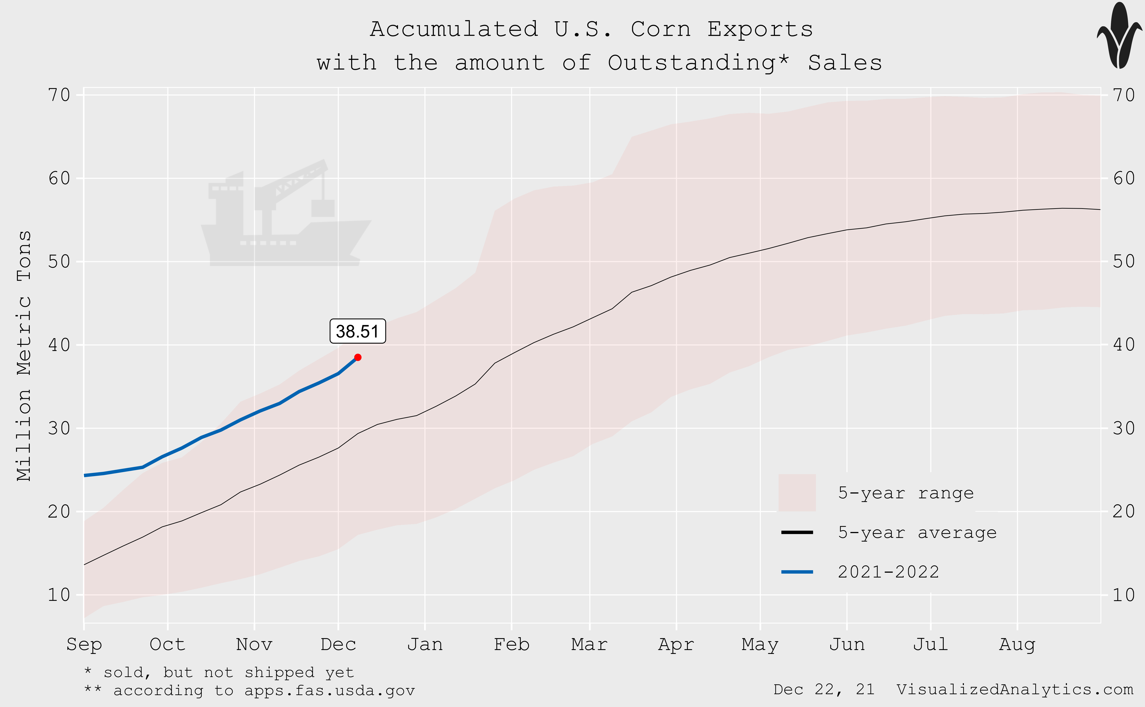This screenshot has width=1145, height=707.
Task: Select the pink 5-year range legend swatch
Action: click(x=797, y=492)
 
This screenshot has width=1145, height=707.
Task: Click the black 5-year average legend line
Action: click(x=797, y=532)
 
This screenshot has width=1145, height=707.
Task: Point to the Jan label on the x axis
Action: click(x=424, y=644)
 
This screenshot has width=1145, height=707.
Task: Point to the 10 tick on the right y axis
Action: click(x=1123, y=595)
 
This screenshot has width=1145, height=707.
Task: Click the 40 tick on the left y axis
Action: click(x=59, y=345)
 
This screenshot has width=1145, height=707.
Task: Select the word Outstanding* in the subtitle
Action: click(x=698, y=63)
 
